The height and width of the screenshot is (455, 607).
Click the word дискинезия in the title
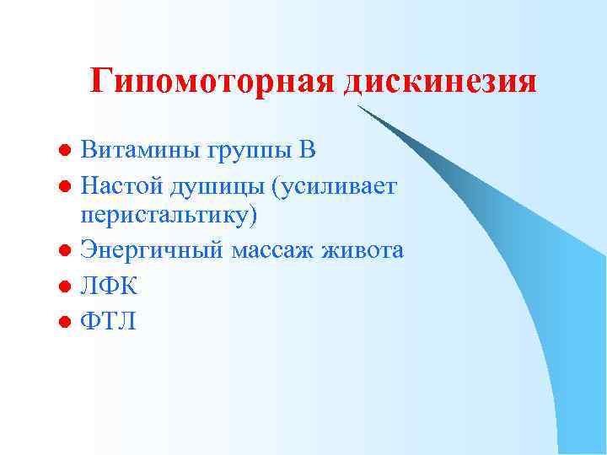440,82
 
